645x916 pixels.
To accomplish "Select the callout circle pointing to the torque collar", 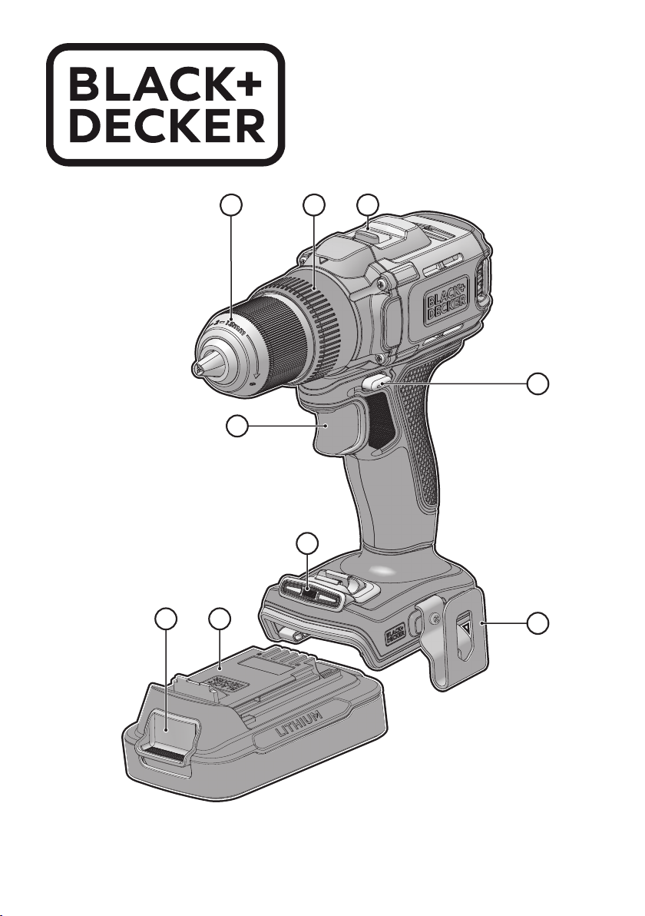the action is point(313,206).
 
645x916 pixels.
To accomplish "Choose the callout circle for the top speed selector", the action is point(369,206).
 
